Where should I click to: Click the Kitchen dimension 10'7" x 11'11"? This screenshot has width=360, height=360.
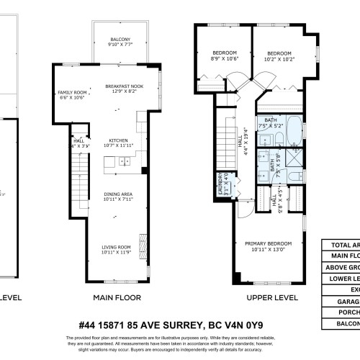coord(118,145)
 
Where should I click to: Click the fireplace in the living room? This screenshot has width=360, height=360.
coord(142,243)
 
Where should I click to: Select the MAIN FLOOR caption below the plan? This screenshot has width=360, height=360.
coord(117,297)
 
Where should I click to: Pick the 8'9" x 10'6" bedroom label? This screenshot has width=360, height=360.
coord(224,55)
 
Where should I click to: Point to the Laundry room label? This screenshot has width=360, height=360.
coord(222,186)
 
